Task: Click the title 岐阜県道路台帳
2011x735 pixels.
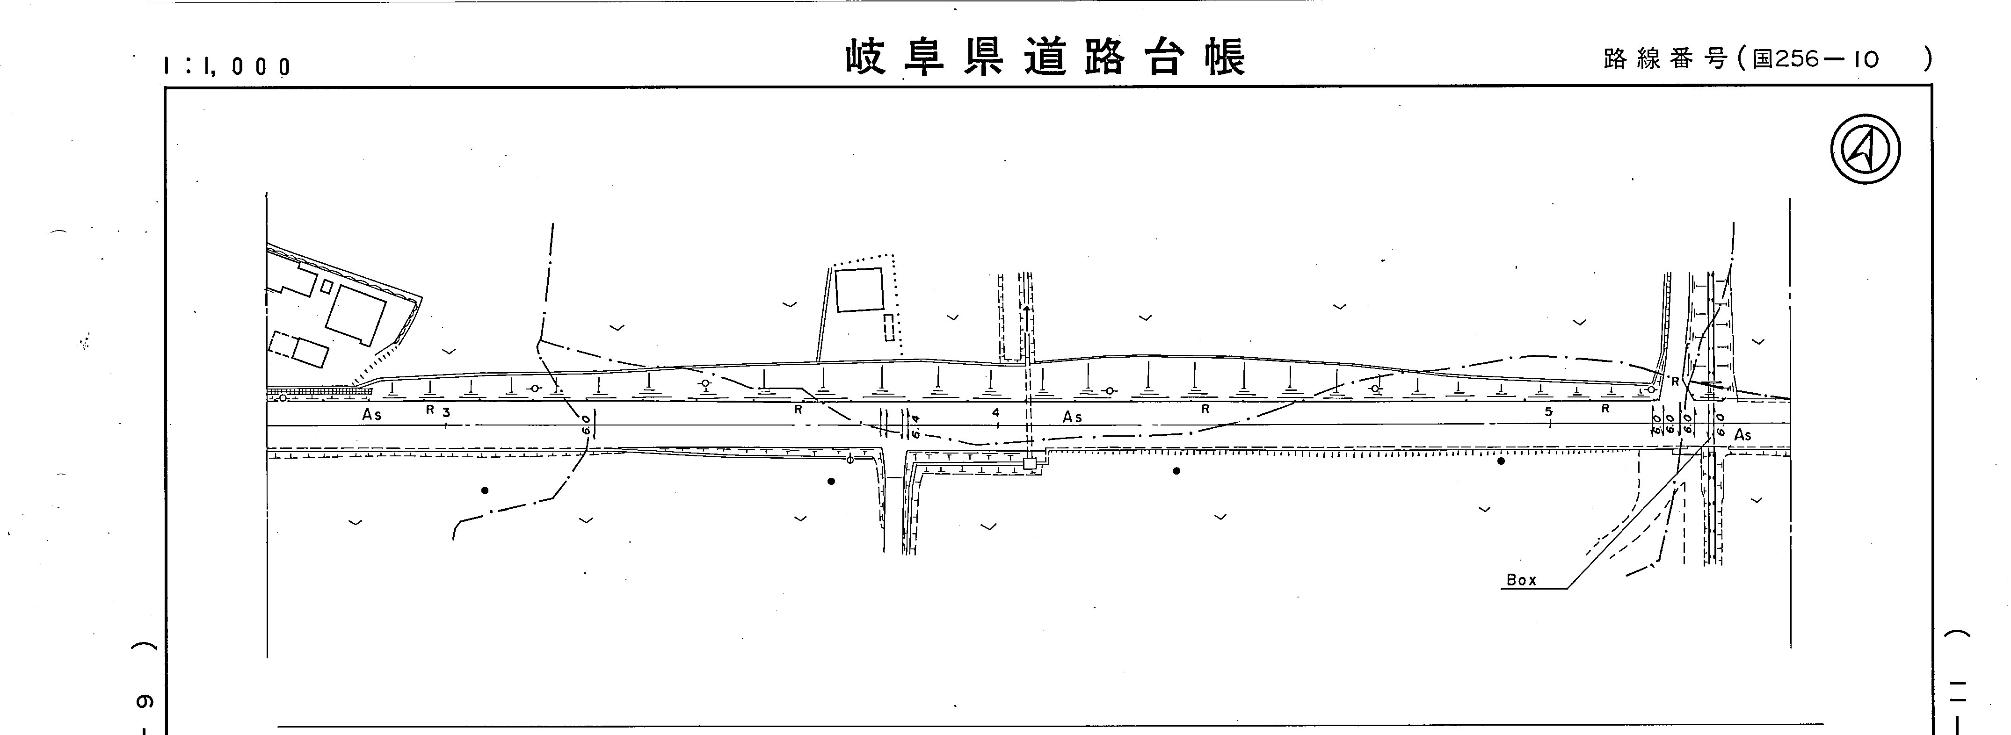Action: (1045, 58)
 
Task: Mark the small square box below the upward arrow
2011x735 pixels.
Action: (1030, 463)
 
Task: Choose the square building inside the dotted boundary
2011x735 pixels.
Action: (859, 289)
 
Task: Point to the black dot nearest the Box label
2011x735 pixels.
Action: (1501, 461)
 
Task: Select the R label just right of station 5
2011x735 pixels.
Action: (1605, 409)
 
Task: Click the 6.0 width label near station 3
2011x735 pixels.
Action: (586, 425)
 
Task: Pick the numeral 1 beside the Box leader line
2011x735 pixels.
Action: (1683, 487)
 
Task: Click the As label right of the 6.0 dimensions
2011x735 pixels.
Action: (1742, 435)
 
